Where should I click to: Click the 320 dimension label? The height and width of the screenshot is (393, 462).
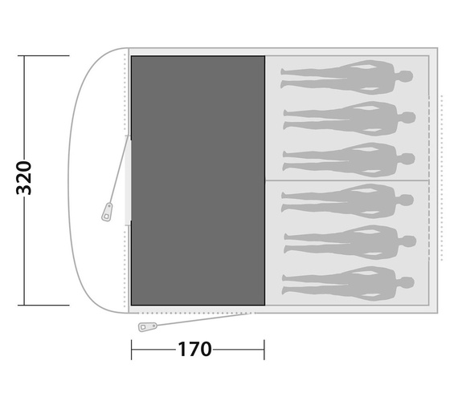tap(23, 178)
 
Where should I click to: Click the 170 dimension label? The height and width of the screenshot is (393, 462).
tap(194, 349)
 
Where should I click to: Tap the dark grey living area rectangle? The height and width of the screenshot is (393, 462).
tap(198, 180)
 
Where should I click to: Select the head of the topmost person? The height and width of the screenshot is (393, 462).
tap(406, 76)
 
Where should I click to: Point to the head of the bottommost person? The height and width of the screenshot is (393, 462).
tap(407, 282)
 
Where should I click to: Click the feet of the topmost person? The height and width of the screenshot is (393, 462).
tap(284, 78)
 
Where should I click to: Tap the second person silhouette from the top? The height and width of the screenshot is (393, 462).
tap(350, 119)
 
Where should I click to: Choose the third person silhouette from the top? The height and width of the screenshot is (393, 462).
tap(349, 160)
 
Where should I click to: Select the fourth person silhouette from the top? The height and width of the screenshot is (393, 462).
tap(348, 201)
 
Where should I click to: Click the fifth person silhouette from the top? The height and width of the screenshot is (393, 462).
tap(350, 242)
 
